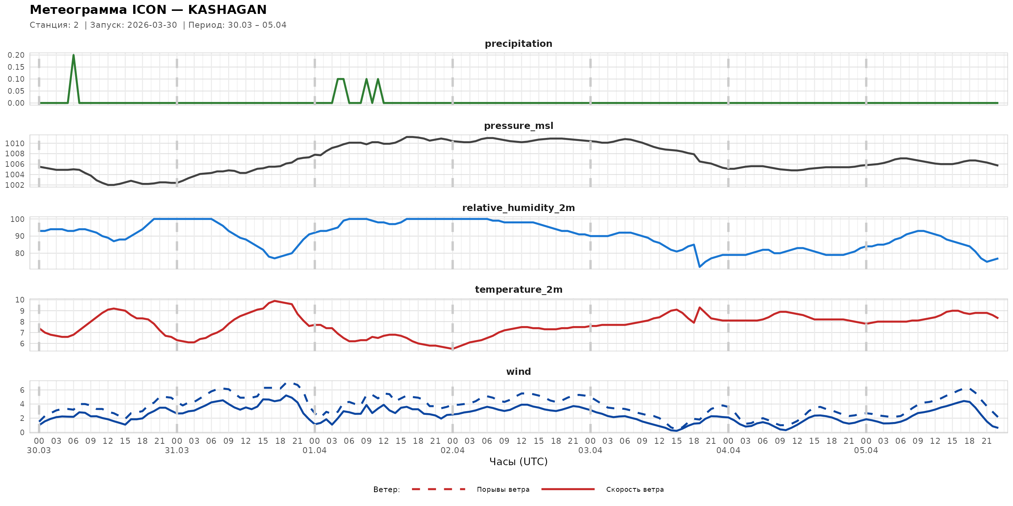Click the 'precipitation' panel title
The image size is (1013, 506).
tap(518, 43)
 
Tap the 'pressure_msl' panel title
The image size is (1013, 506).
tap(518, 126)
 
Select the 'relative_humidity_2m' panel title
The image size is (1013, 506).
tap(518, 208)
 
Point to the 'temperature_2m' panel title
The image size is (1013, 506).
tap(518, 289)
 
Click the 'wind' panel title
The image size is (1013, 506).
tap(518, 372)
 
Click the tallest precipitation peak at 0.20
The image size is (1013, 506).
tap(74, 55)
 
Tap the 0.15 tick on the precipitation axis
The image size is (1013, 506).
tap(16, 67)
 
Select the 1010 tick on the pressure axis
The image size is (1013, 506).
tap(15, 144)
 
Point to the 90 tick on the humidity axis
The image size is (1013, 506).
tap(20, 236)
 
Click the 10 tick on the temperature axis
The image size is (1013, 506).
tap(20, 300)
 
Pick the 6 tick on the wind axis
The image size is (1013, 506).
tap(22, 390)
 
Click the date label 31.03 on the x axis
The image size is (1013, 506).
tap(177, 451)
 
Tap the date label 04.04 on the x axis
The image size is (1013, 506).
tap(728, 451)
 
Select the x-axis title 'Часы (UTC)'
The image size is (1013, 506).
tap(518, 462)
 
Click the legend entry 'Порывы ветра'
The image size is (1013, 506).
tap(503, 490)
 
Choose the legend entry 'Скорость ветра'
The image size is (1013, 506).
tap(635, 490)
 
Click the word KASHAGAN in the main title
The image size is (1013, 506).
tap(227, 10)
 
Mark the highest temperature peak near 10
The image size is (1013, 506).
tap(275, 301)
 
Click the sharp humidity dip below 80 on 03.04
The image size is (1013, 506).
tap(700, 267)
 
